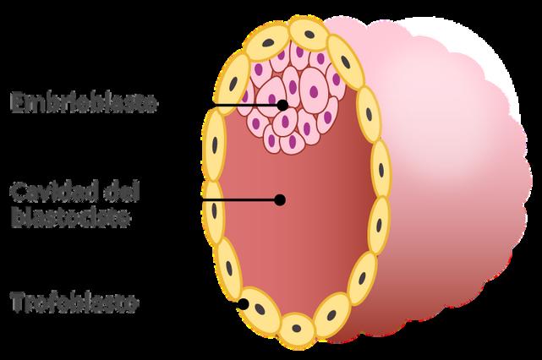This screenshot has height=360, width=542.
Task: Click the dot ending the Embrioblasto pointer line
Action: coord(282,105)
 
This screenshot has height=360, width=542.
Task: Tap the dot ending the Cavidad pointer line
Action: coord(279,200)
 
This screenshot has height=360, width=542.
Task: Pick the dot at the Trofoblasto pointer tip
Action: coord(244,303)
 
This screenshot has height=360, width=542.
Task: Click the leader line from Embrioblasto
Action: coord(220,105)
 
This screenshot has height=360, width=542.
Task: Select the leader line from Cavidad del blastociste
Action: coord(211,200)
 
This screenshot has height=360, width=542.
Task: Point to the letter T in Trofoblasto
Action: coord(16,303)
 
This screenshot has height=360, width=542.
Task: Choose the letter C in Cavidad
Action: coord(17,190)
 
